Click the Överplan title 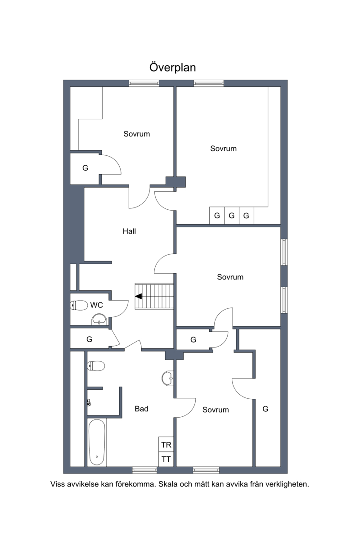(173, 67)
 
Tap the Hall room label (129, 231)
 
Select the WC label (96, 305)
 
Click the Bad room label (141, 409)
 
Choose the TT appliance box (166, 459)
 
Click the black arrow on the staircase (139, 296)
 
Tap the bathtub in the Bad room (97, 442)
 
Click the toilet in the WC (79, 305)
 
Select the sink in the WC (99, 319)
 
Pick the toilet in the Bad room (96, 366)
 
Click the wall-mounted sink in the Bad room (168, 379)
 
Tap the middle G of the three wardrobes (232, 215)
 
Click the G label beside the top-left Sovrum (85, 168)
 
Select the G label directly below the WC (90, 339)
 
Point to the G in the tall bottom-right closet (265, 409)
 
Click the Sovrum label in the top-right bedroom (223, 149)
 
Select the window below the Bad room (144, 470)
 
